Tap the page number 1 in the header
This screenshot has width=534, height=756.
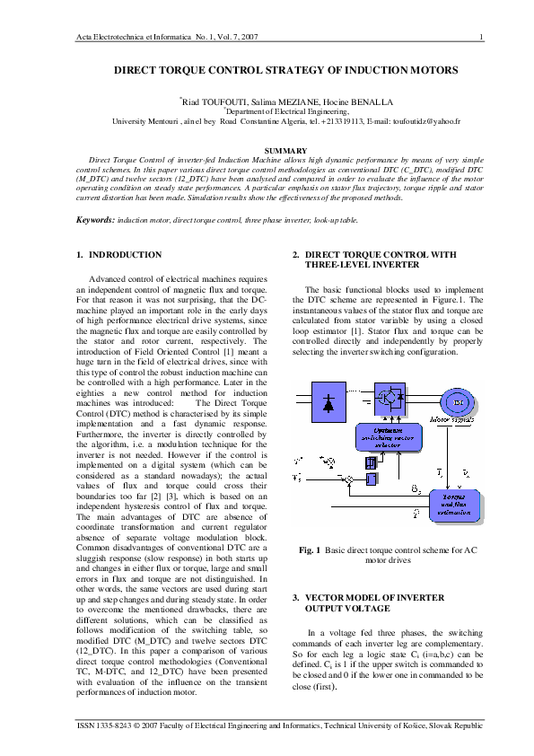tap(482, 36)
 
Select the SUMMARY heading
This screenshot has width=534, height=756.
tap(267, 149)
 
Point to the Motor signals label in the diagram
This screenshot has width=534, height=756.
tap(452, 418)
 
